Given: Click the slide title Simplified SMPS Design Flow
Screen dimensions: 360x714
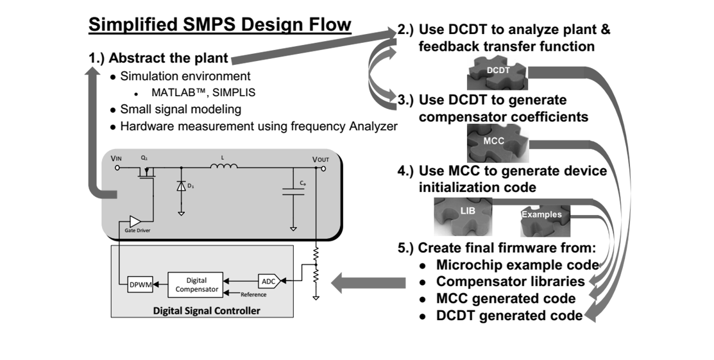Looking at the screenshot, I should coord(219,26).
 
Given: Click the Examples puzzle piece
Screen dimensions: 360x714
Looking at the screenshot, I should coord(543,215).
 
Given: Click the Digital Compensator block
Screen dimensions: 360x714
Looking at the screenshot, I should coord(196,284).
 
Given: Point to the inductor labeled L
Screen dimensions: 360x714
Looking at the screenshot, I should coord(223,167).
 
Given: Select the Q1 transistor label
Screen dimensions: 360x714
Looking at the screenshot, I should coord(145,158).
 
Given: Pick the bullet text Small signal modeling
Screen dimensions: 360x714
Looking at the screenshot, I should coord(180,109).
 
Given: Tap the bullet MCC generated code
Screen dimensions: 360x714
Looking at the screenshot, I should coord(506,298).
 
